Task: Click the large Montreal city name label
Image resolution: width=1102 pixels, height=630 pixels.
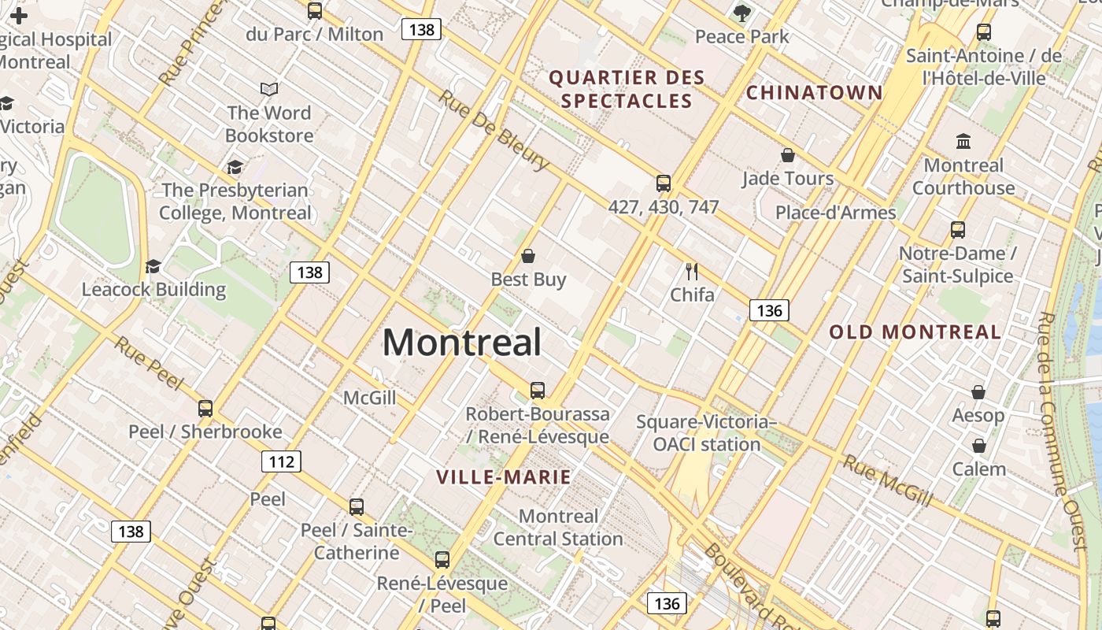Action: pos(462,343)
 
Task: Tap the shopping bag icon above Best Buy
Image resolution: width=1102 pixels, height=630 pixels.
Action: pos(528,256)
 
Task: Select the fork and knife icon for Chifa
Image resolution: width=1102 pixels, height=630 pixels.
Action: pos(692,272)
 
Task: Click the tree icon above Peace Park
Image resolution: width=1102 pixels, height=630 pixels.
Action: pos(741,13)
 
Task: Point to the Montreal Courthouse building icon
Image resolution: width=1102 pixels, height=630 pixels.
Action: pos(963,142)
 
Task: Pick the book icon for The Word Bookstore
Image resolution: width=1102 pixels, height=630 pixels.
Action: pos(269,90)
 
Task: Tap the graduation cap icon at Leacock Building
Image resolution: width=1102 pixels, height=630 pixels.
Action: pos(153,267)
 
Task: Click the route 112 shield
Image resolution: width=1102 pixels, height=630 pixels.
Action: pos(281,461)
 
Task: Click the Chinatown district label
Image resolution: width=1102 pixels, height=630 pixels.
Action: pos(815,93)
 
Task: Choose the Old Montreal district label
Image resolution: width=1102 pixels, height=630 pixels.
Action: pos(915,332)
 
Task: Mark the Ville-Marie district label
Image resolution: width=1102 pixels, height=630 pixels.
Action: pos(504,477)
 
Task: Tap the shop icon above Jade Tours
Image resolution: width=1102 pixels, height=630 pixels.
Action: pos(787,155)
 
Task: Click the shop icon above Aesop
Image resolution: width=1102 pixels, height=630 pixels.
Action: pos(978,392)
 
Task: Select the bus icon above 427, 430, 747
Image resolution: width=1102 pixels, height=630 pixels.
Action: pos(664,183)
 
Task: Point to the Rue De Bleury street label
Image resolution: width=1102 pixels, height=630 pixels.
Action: pos(494,130)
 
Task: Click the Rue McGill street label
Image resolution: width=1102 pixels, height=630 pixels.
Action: pos(888,480)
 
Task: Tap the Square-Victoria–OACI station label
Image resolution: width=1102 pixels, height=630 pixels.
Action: pos(706,433)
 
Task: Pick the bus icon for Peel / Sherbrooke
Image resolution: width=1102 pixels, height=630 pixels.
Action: pos(205,409)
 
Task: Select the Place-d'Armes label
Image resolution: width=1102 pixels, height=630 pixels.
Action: pos(835,213)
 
